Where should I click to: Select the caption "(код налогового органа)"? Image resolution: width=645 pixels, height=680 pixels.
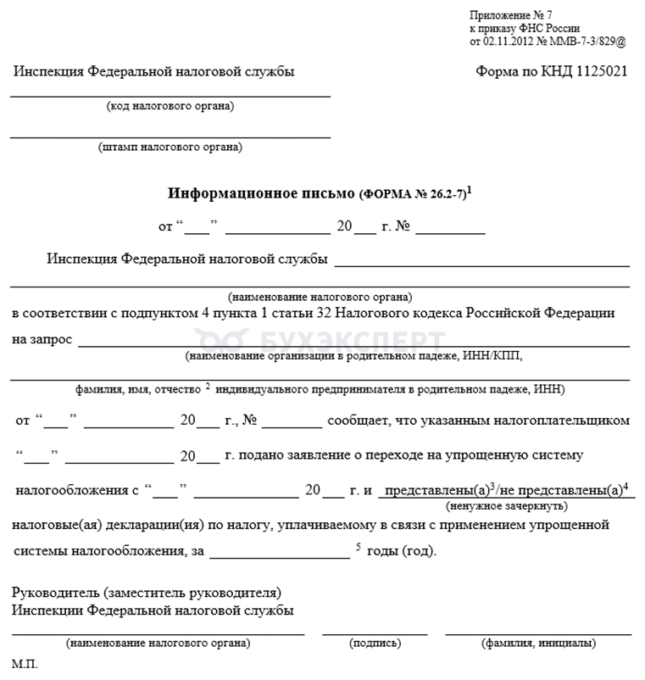(x=170, y=106)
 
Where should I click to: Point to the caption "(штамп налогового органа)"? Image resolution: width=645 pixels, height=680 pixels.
(x=170, y=147)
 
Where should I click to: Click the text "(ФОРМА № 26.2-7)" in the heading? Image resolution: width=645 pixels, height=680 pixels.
(x=413, y=194)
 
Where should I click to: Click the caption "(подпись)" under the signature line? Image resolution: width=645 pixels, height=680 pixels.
(x=375, y=643)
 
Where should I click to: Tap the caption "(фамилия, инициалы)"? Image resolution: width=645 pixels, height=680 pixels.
(x=538, y=643)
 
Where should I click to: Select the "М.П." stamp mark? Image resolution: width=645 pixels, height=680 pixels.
(x=25, y=665)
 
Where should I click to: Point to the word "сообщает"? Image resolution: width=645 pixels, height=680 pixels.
(x=364, y=420)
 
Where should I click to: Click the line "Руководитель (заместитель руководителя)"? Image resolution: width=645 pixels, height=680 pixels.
(x=147, y=593)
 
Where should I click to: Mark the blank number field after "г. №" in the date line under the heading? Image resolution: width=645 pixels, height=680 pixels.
(x=449, y=229)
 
